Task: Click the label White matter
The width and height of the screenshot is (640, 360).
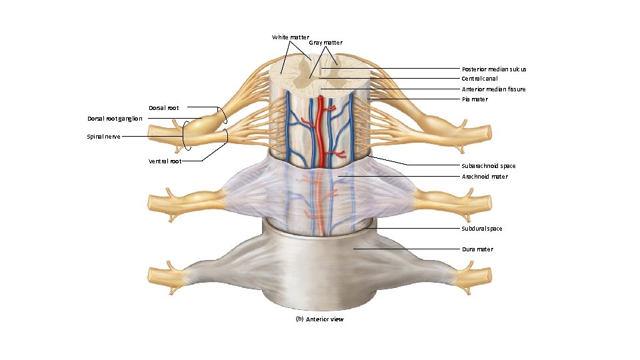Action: tap(290, 37)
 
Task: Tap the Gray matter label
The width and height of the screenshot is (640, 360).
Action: tap(325, 43)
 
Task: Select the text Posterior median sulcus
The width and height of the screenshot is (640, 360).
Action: tap(494, 69)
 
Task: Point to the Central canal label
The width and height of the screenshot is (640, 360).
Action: tap(479, 79)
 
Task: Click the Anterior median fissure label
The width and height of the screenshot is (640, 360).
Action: tap(493, 89)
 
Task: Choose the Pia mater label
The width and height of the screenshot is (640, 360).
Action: tap(475, 99)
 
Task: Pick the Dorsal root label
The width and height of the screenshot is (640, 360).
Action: tap(163, 108)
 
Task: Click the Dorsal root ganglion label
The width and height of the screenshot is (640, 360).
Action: tap(115, 119)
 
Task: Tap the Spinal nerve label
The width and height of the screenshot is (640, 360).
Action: tap(104, 137)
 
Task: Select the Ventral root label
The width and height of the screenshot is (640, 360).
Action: tap(165, 161)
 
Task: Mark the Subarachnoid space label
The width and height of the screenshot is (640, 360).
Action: tap(488, 165)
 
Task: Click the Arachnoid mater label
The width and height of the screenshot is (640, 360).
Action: tap(485, 177)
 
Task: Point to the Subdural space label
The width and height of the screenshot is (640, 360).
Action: tap(482, 229)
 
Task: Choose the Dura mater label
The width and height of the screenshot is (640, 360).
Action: tap(477, 249)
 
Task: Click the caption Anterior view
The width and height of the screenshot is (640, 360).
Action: tap(325, 319)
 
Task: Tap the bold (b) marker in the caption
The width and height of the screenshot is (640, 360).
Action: tap(299, 319)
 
